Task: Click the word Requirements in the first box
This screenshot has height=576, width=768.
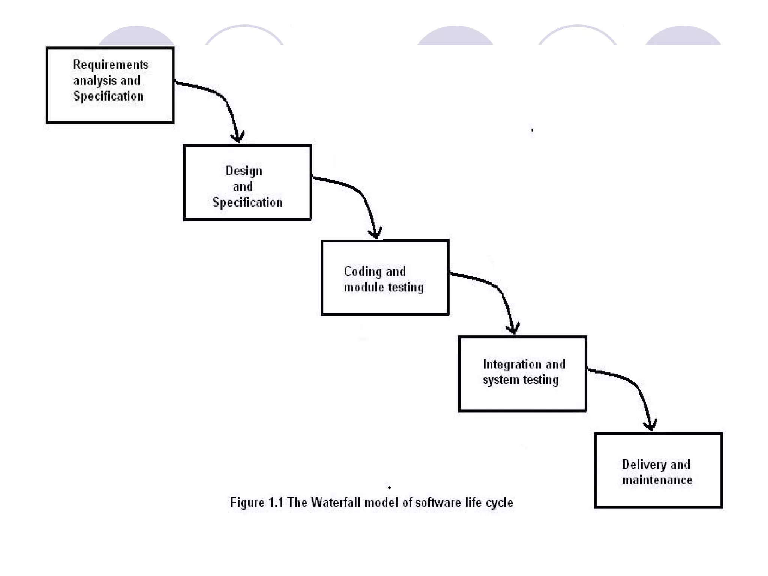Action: pyautogui.click(x=111, y=65)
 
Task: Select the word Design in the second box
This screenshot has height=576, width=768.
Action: pyautogui.click(x=244, y=171)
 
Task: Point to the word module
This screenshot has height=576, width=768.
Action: pyautogui.click(x=364, y=287)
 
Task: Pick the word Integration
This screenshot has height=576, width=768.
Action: pyautogui.click(x=512, y=364)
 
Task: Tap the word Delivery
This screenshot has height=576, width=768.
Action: pyautogui.click(x=644, y=465)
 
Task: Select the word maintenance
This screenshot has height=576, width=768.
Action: pyautogui.click(x=657, y=480)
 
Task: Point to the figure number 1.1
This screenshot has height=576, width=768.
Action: pyautogui.click(x=276, y=502)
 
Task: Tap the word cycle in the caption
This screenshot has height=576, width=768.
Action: pyautogui.click(x=499, y=503)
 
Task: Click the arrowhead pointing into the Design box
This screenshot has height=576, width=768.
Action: pyautogui.click(x=238, y=138)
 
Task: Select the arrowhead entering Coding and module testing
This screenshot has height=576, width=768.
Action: pyautogui.click(x=375, y=234)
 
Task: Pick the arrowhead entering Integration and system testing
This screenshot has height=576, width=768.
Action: pyautogui.click(x=513, y=329)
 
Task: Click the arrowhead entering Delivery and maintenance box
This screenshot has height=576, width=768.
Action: pyautogui.click(x=650, y=425)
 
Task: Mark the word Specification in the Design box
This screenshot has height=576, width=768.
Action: pyautogui.click(x=247, y=202)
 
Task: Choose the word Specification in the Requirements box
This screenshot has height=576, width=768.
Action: pyautogui.click(x=108, y=96)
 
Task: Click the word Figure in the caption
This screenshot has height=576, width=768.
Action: pyautogui.click(x=247, y=502)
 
